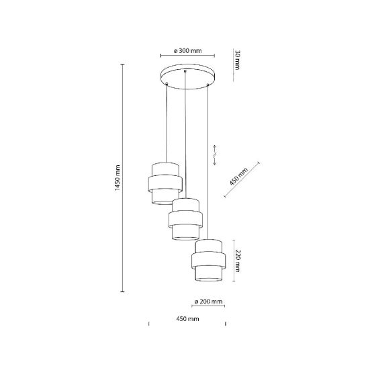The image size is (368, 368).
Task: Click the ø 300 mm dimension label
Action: [x=187, y=50]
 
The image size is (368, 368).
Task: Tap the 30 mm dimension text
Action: [x=238, y=60]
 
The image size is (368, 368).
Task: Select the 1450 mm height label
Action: [x=118, y=178]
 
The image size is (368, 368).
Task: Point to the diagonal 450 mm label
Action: [x=238, y=176]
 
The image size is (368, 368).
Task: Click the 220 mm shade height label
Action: [x=238, y=261]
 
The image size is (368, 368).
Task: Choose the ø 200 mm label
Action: [x=208, y=301]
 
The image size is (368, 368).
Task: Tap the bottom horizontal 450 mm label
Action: [x=187, y=319]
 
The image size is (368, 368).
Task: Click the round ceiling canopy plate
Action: [x=187, y=77]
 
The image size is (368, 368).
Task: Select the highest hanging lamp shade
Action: [x=165, y=183]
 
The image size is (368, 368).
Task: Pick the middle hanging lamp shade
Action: [x=185, y=219]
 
